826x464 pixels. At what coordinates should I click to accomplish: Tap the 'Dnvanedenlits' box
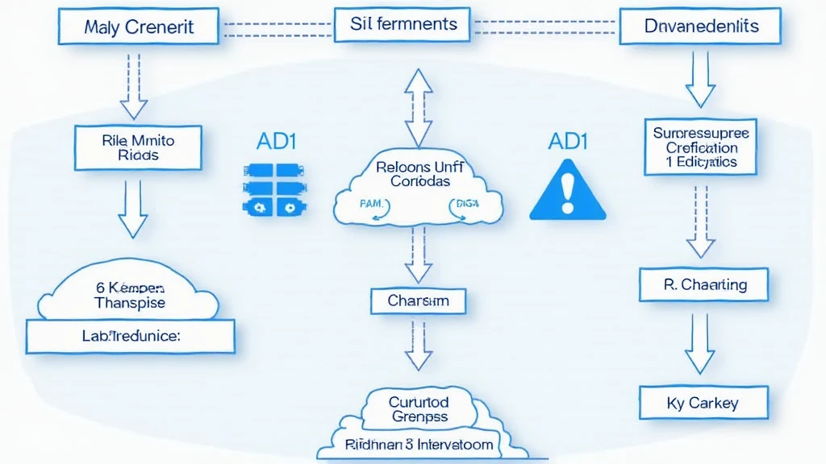click(x=701, y=27)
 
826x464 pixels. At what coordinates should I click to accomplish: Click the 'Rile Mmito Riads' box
click(x=139, y=147)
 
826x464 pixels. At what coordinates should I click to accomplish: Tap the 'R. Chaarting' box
click(x=703, y=285)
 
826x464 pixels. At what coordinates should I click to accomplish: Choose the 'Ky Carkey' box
click(x=703, y=403)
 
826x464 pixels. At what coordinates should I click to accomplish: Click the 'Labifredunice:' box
click(x=131, y=336)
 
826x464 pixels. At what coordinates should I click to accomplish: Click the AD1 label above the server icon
click(x=276, y=141)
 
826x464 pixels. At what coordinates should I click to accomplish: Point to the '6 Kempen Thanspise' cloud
click(x=129, y=296)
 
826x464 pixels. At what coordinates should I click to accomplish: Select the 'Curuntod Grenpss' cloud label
click(x=419, y=408)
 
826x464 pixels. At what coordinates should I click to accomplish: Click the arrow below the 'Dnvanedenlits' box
click(x=699, y=78)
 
